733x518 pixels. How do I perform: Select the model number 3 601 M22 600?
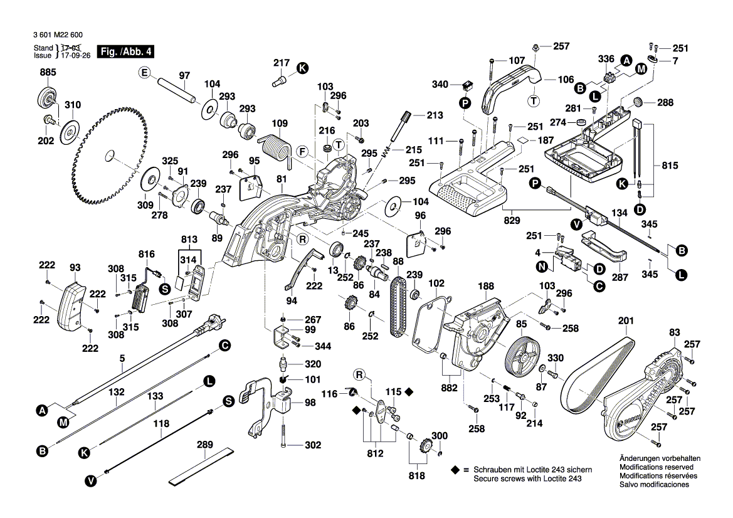pyautogui.click(x=55, y=36)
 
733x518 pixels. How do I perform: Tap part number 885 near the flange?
pyautogui.click(x=48, y=73)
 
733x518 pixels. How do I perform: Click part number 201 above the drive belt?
pyautogui.click(x=625, y=321)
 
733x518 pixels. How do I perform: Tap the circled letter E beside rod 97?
pyautogui.click(x=145, y=73)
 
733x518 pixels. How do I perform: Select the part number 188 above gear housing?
pyautogui.click(x=485, y=286)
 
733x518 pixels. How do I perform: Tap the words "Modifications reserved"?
pyautogui.click(x=656, y=467)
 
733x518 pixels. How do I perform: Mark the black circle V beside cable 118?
pyautogui.click(x=91, y=481)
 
